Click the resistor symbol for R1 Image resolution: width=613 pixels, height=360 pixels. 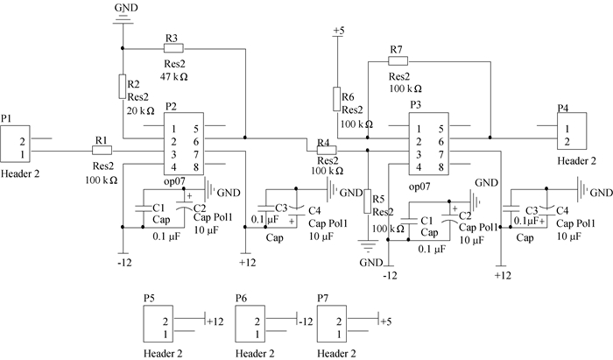coord(102,150)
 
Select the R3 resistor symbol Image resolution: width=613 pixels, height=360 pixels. coord(173,48)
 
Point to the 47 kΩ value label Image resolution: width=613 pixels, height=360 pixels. coord(174,76)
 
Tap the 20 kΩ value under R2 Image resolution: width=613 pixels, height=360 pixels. coord(140,110)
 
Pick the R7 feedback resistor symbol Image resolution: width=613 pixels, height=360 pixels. coord(398,61)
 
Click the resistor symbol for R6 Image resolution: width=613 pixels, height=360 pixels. coord(336,99)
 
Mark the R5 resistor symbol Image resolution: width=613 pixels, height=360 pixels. coord(368,201)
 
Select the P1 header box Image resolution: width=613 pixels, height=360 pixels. coord(15,144)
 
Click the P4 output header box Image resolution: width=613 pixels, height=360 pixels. coord(572,131)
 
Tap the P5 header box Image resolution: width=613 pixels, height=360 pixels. coord(159,324)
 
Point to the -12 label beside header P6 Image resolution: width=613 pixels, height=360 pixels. coord(306,321)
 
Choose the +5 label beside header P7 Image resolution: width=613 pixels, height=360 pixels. coord(386,321)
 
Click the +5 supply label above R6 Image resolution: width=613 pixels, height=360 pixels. coord(339,31)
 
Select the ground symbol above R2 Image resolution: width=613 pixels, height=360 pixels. coord(123,19)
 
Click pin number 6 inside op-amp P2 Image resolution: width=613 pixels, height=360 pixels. coord(196,142)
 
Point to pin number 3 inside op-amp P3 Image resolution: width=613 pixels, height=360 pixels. coord(419,154)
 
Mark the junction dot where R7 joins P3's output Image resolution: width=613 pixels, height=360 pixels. coord(490,138)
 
